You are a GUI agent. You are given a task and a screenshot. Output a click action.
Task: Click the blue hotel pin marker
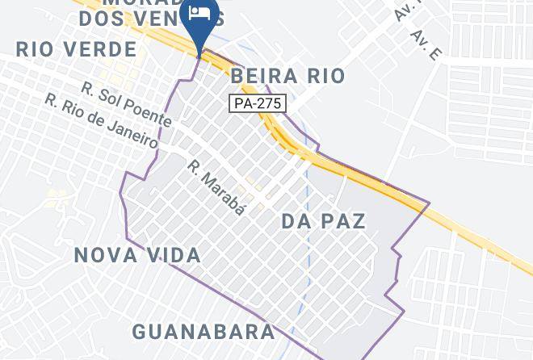click(x=199, y=22)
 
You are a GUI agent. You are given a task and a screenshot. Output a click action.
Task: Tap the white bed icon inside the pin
click(x=199, y=13)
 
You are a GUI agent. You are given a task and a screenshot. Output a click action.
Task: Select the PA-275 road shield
click(x=251, y=103)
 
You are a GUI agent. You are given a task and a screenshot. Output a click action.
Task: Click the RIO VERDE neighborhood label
click(x=77, y=49)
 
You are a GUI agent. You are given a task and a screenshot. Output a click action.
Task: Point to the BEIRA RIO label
click(x=287, y=77)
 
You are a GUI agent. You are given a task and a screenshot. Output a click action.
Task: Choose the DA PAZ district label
click(x=324, y=221)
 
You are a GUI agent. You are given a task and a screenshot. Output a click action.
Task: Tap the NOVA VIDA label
click(x=137, y=256)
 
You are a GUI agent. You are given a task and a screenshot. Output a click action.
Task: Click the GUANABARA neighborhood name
click(x=203, y=332)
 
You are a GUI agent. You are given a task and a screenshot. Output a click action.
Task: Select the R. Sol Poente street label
click(x=126, y=103)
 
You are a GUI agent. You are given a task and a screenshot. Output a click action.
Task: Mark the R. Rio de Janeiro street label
click(x=101, y=123)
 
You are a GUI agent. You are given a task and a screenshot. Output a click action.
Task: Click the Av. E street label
click(x=427, y=45)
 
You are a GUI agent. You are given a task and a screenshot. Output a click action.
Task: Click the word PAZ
click(x=344, y=221)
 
